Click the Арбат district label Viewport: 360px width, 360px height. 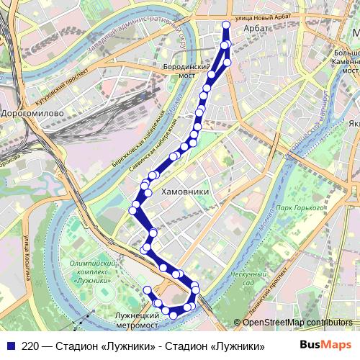[x=256, y=28]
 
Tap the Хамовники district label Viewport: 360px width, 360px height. [x=185, y=192]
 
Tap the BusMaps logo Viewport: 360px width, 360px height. [x=325, y=345]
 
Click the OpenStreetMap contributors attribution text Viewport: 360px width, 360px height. [x=297, y=323]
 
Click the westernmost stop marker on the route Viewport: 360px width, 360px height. [x=133, y=210]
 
